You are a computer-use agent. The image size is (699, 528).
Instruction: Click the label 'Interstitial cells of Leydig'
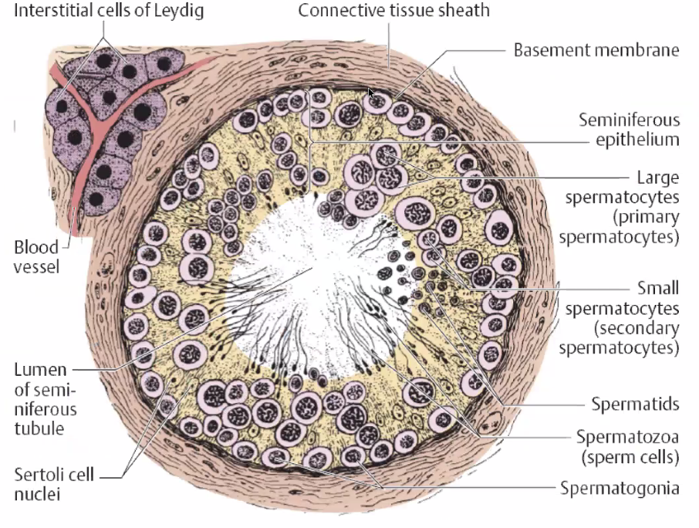click(x=102, y=12)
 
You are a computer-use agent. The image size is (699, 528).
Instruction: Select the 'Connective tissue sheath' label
click(x=393, y=12)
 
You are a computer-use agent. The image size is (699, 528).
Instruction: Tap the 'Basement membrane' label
click(x=596, y=50)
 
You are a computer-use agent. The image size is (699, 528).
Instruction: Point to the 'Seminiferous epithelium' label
click(x=630, y=130)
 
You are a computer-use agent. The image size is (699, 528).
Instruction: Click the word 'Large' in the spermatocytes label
click(x=657, y=177)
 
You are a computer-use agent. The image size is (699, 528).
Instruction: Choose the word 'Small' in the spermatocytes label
click(x=658, y=288)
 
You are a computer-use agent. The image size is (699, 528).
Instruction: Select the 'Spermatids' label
click(x=635, y=404)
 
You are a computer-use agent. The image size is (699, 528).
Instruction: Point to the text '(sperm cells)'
click(x=629, y=456)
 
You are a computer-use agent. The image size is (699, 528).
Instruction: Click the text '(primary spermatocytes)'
click(x=623, y=226)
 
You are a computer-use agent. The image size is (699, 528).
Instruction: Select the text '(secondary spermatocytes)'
click(x=622, y=337)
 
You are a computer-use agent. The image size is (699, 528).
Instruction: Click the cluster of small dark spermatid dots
click(x=395, y=274)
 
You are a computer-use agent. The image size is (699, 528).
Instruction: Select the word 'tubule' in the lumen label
click(x=39, y=427)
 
